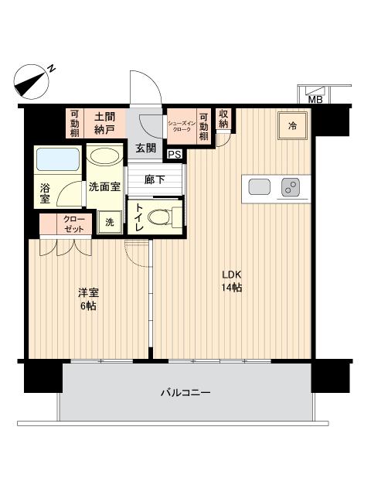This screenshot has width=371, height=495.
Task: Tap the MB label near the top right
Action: tap(315, 99)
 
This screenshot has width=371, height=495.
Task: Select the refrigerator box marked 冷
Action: tap(292, 125)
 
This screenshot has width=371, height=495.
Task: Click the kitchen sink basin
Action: tap(259, 187)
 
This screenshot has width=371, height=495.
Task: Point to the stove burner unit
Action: tap(291, 187)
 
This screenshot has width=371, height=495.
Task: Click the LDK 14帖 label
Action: tap(232, 281)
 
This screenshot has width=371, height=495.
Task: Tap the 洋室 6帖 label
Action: tap(87, 299)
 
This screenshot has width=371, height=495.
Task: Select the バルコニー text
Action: tap(185, 392)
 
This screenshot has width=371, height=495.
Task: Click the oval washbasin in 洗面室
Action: tap(103, 155)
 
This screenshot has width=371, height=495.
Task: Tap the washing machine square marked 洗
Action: tap(109, 222)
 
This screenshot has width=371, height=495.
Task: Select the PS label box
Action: tap(175, 154)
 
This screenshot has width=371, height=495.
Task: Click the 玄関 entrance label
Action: tap(146, 148)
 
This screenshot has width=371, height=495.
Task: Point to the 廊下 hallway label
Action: tap(155, 179)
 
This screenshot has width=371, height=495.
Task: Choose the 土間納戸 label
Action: tap(105, 123)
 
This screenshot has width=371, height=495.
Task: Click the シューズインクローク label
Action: tap(182, 124)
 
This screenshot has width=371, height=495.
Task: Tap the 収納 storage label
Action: tap(223, 119)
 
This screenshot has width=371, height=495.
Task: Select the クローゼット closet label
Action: tap(64, 224)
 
